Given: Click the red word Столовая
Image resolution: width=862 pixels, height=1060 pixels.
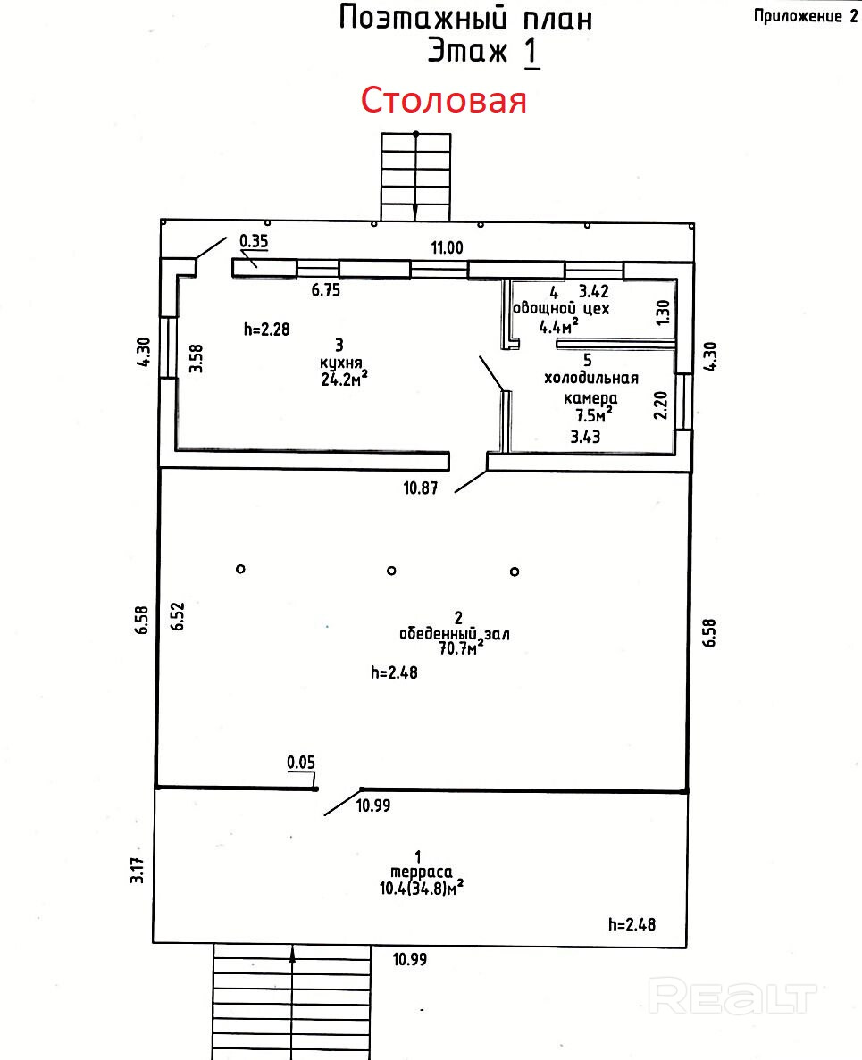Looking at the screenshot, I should coord(443,100).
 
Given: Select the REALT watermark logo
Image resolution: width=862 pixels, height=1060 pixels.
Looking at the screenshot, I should coord(733,995).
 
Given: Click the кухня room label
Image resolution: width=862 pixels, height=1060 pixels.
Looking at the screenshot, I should coord(339,363).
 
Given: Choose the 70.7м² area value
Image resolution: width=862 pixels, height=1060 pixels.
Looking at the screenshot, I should coord(456,648).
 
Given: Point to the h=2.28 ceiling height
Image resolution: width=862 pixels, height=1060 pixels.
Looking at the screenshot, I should coord(267,329).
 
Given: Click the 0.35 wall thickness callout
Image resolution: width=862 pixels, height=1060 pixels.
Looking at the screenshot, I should coord(254,239).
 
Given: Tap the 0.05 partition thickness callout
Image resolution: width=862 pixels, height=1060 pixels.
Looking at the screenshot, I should coord(301,762).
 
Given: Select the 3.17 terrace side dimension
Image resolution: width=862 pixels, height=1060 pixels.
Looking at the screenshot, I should coord(138,870).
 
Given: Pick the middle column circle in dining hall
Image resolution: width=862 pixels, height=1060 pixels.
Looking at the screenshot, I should coord(390,570).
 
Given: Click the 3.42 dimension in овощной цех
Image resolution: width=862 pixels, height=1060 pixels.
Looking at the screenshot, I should coord(594,291).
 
